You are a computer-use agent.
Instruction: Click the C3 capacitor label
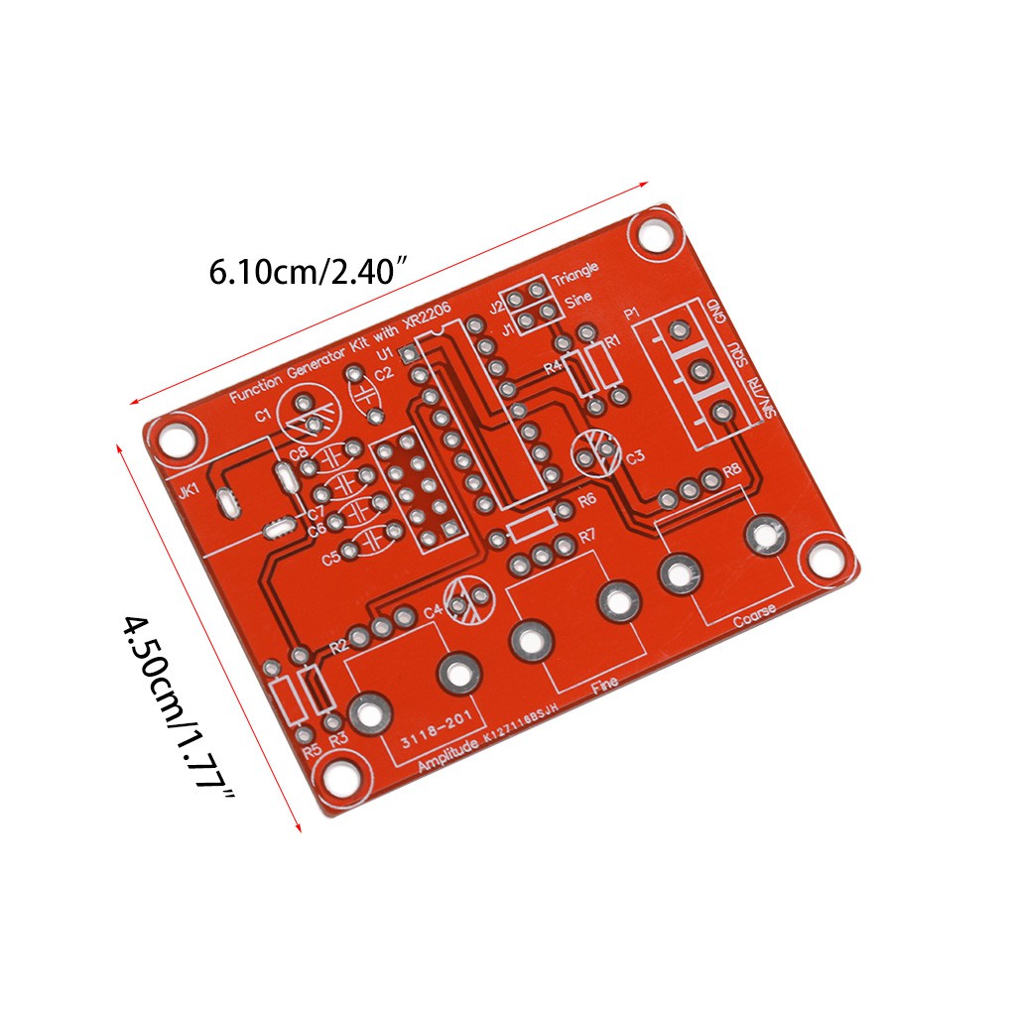[x=635, y=457]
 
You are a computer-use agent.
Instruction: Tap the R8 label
[x=732, y=469]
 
